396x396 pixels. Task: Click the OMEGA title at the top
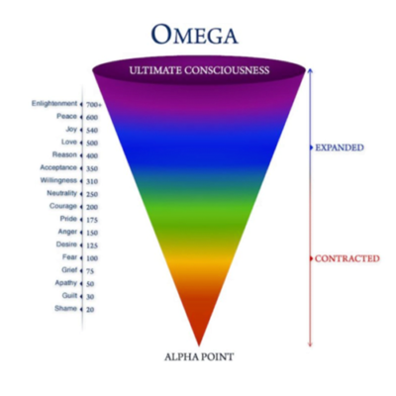coord(195,35)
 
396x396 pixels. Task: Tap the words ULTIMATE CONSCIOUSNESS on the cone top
coord(199,70)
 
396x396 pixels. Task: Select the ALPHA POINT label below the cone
coord(199,356)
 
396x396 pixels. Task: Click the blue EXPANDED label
coord(340,148)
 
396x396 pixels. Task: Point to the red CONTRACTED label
coord(347,258)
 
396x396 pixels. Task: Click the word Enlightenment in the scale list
coord(54,103)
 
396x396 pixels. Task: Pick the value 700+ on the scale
coord(94,105)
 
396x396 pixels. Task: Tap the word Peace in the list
coord(66,116)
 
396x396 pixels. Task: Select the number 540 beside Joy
coord(92,131)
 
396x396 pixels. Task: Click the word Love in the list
coord(69,142)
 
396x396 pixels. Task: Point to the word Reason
coord(64,154)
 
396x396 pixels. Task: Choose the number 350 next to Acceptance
coord(92,168)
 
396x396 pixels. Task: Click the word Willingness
coord(58,180)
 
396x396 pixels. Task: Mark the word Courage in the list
coord(63,206)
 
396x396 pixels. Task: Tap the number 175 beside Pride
coord(92,220)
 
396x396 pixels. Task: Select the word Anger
coord(67,232)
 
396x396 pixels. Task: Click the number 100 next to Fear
coord(92,258)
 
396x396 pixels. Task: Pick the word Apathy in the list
coord(66,283)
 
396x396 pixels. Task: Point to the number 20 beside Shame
coord(90,310)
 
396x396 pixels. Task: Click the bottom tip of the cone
coord(199,346)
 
